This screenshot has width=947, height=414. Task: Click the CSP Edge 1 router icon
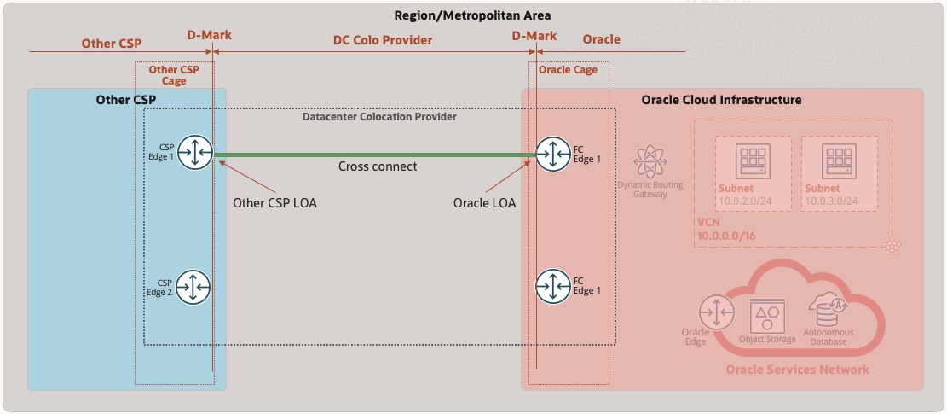tap(195, 153)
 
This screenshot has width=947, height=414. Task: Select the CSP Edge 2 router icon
tap(195, 287)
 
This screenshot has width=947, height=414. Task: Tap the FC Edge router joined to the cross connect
tap(553, 153)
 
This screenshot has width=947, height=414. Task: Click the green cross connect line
tap(375, 155)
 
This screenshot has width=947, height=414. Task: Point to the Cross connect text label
tap(378, 166)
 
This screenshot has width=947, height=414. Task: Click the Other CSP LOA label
tap(274, 203)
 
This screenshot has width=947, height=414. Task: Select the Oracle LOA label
tap(485, 203)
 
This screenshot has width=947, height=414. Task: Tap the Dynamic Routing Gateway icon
tap(650, 160)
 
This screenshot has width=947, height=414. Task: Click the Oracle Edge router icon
tap(714, 312)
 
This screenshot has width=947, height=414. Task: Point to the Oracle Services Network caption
tap(797, 370)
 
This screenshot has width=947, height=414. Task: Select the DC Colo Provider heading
tap(382, 39)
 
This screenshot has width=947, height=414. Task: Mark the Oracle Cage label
tap(568, 70)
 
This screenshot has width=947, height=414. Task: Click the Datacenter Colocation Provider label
tap(379, 116)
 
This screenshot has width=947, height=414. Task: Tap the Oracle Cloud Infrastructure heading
tap(721, 100)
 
